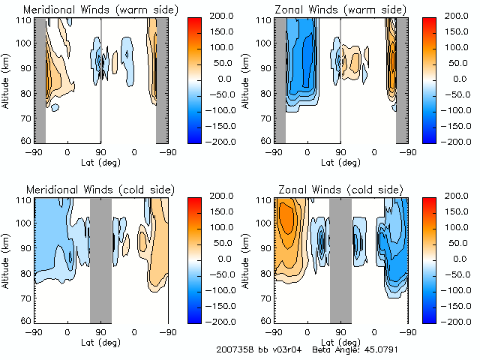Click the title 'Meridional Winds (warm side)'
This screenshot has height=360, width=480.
pyautogui.click(x=100, y=10)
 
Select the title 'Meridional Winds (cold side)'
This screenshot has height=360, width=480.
pyautogui.click(x=100, y=190)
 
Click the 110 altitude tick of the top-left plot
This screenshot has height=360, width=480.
pyautogui.click(x=24, y=19)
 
